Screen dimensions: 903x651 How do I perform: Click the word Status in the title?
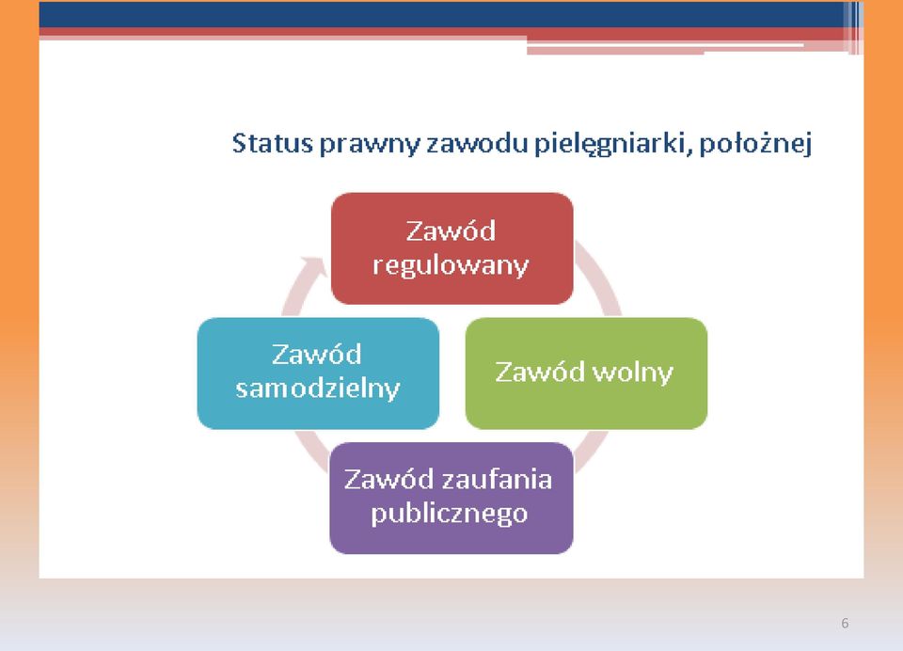point(272,142)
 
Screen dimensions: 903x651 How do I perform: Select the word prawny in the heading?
point(369,144)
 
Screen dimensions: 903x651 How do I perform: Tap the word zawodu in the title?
point(477,142)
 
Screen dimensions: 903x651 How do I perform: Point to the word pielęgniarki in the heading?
point(612,144)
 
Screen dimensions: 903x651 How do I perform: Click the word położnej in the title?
point(755,143)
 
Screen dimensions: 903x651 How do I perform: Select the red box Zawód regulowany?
point(452,248)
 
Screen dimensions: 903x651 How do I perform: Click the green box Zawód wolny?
point(586,373)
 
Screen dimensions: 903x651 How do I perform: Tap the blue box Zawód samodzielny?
point(318,373)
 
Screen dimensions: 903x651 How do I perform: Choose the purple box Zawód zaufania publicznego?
point(451,499)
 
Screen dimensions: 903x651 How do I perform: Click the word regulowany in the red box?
point(451,266)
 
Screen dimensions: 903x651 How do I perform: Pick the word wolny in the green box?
point(632,373)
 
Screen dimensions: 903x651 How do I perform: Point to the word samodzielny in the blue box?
point(318,389)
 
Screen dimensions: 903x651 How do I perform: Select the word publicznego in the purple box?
point(450,514)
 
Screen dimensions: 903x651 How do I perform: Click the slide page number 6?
point(845,623)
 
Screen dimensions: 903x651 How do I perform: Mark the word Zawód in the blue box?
point(317,355)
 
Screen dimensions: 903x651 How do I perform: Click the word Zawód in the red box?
point(451,231)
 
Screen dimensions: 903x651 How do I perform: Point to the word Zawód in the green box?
point(540,372)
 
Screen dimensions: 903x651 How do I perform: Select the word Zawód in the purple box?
point(389,480)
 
